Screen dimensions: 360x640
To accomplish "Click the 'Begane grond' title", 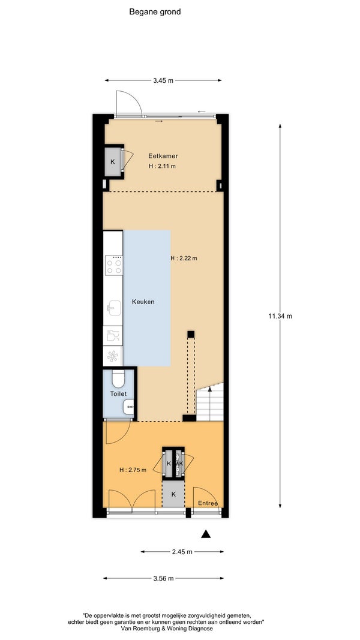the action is coord(155,12).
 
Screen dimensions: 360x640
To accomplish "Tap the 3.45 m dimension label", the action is coord(163,80).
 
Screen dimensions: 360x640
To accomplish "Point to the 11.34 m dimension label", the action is coord(280,316).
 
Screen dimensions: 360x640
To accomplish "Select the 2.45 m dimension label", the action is coord(182,552).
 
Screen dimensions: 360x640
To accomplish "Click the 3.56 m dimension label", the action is coord(163,578).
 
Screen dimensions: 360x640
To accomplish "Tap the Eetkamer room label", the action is coord(163,156).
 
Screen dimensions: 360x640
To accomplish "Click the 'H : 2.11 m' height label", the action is coord(162,166).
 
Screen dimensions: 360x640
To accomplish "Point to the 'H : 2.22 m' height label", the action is coord(184,259).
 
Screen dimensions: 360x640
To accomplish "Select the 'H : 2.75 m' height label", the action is coord(133,470).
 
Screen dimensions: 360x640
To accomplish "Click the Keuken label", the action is coord(143,302).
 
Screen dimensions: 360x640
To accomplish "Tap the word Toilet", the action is coord(118,394).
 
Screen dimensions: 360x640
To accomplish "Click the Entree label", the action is coord(208,504).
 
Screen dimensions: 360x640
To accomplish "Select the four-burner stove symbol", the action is coord(114,265).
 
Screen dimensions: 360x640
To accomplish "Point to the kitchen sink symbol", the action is coord(114,308).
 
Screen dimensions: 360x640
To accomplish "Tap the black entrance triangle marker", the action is coord(206,534).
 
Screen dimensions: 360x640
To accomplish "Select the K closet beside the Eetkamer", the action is coord(113,161).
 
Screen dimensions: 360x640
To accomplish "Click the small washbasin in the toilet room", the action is coord(129,407).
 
